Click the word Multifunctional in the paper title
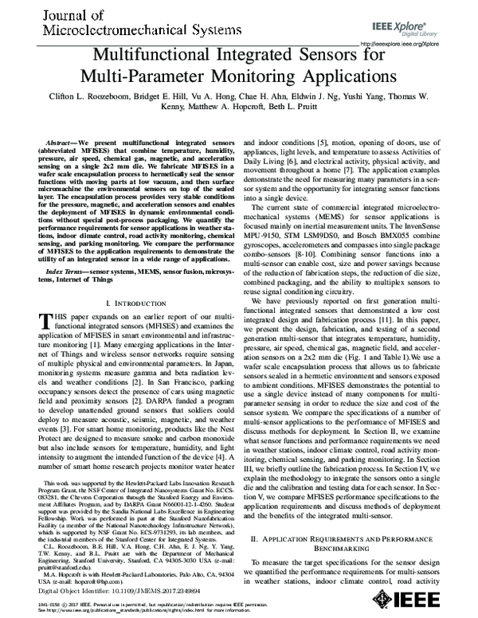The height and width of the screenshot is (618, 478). pos(162,57)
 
